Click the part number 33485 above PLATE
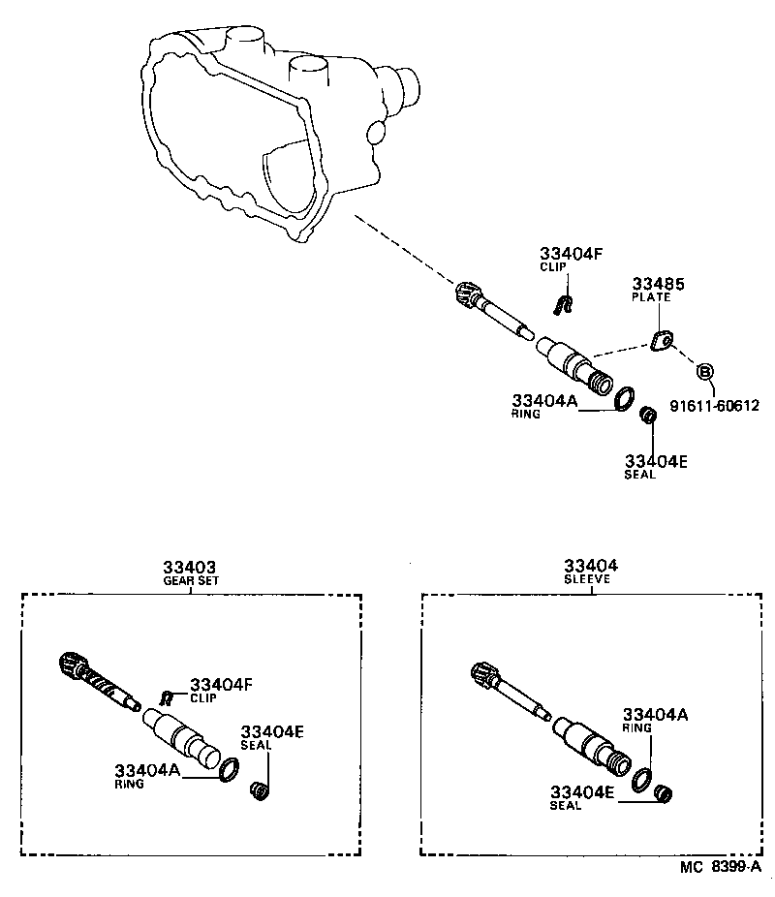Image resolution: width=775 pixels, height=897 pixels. (x=658, y=284)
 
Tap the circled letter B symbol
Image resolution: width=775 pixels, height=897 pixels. (x=705, y=371)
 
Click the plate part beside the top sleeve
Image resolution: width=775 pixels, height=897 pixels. (x=663, y=341)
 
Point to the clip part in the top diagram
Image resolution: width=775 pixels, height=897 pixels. (x=562, y=305)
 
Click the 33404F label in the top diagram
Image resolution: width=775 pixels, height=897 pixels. (x=571, y=254)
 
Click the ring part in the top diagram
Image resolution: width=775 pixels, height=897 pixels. (x=626, y=397)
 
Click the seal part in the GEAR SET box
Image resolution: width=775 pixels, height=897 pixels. (x=259, y=791)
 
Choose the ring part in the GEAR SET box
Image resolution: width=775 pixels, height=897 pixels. (x=229, y=770)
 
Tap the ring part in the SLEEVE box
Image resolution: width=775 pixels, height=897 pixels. (x=640, y=780)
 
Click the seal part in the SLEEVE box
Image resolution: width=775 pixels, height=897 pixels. (x=662, y=794)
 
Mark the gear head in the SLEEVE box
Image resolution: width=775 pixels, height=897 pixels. (x=483, y=672)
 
